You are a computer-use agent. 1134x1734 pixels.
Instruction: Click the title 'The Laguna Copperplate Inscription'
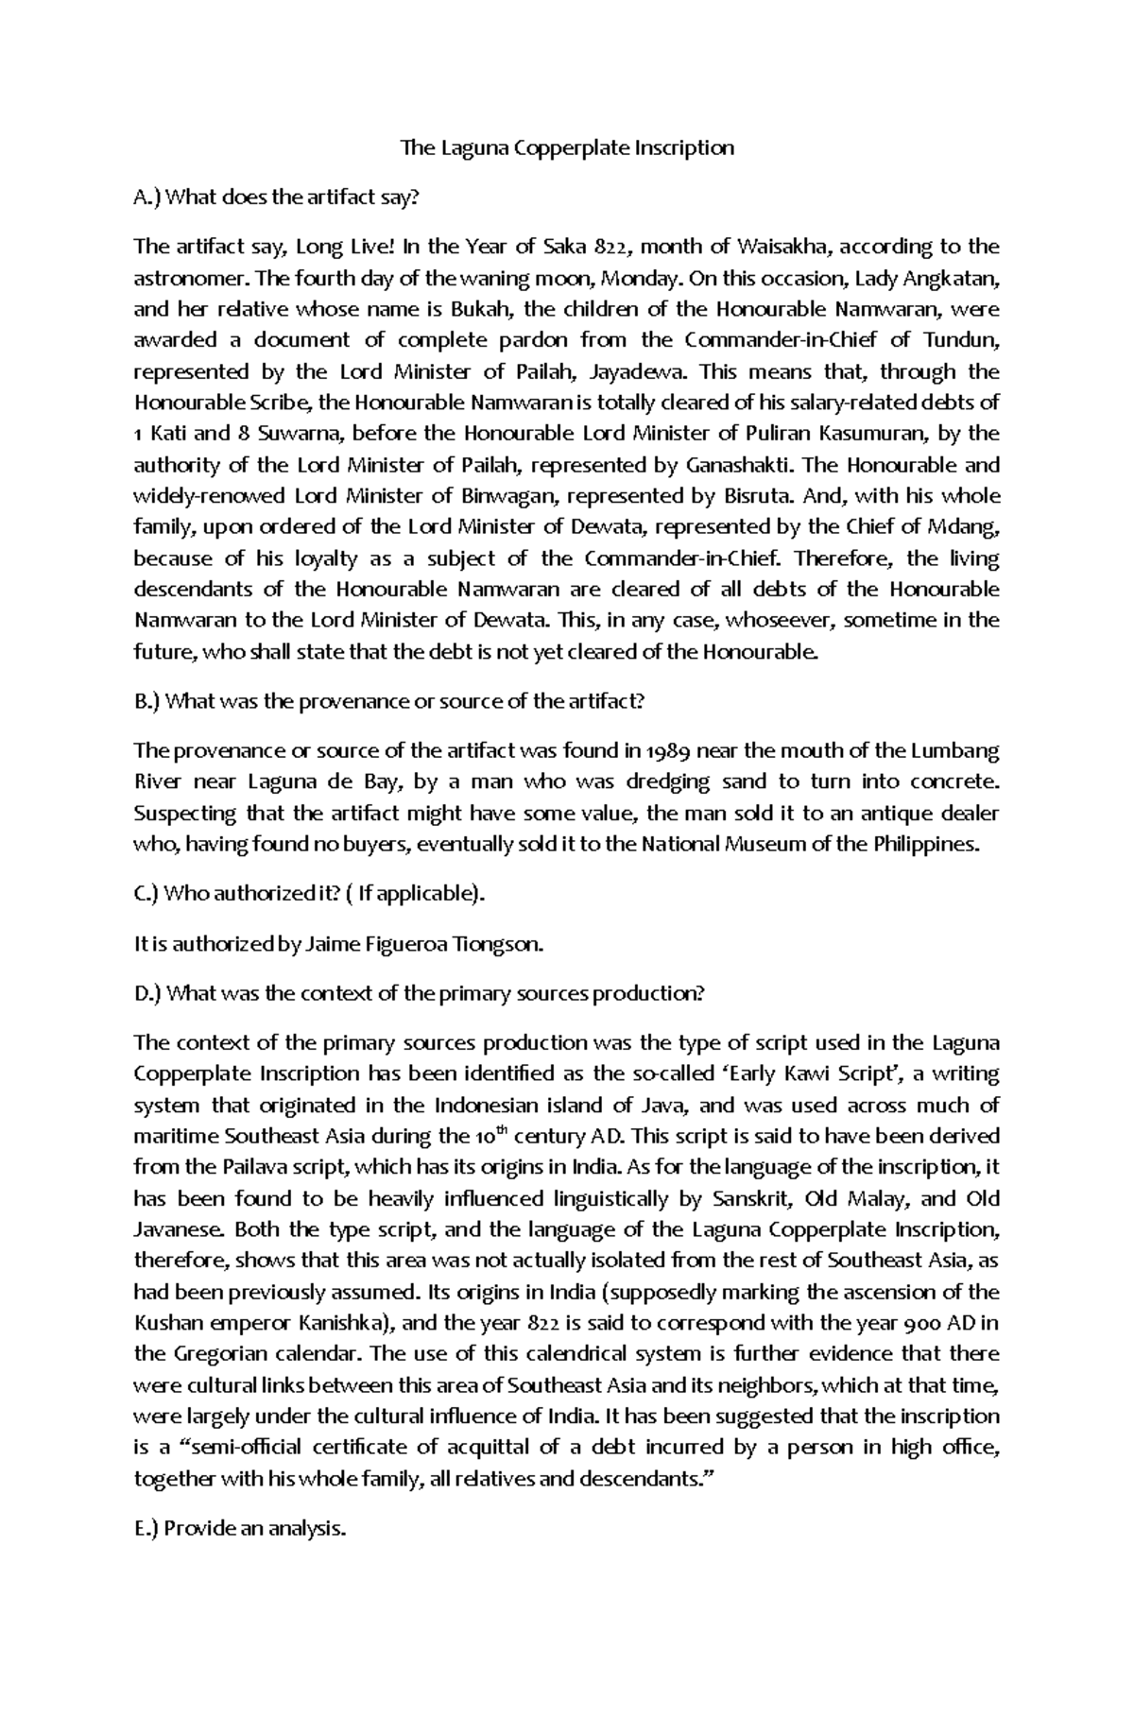coord(567,148)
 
